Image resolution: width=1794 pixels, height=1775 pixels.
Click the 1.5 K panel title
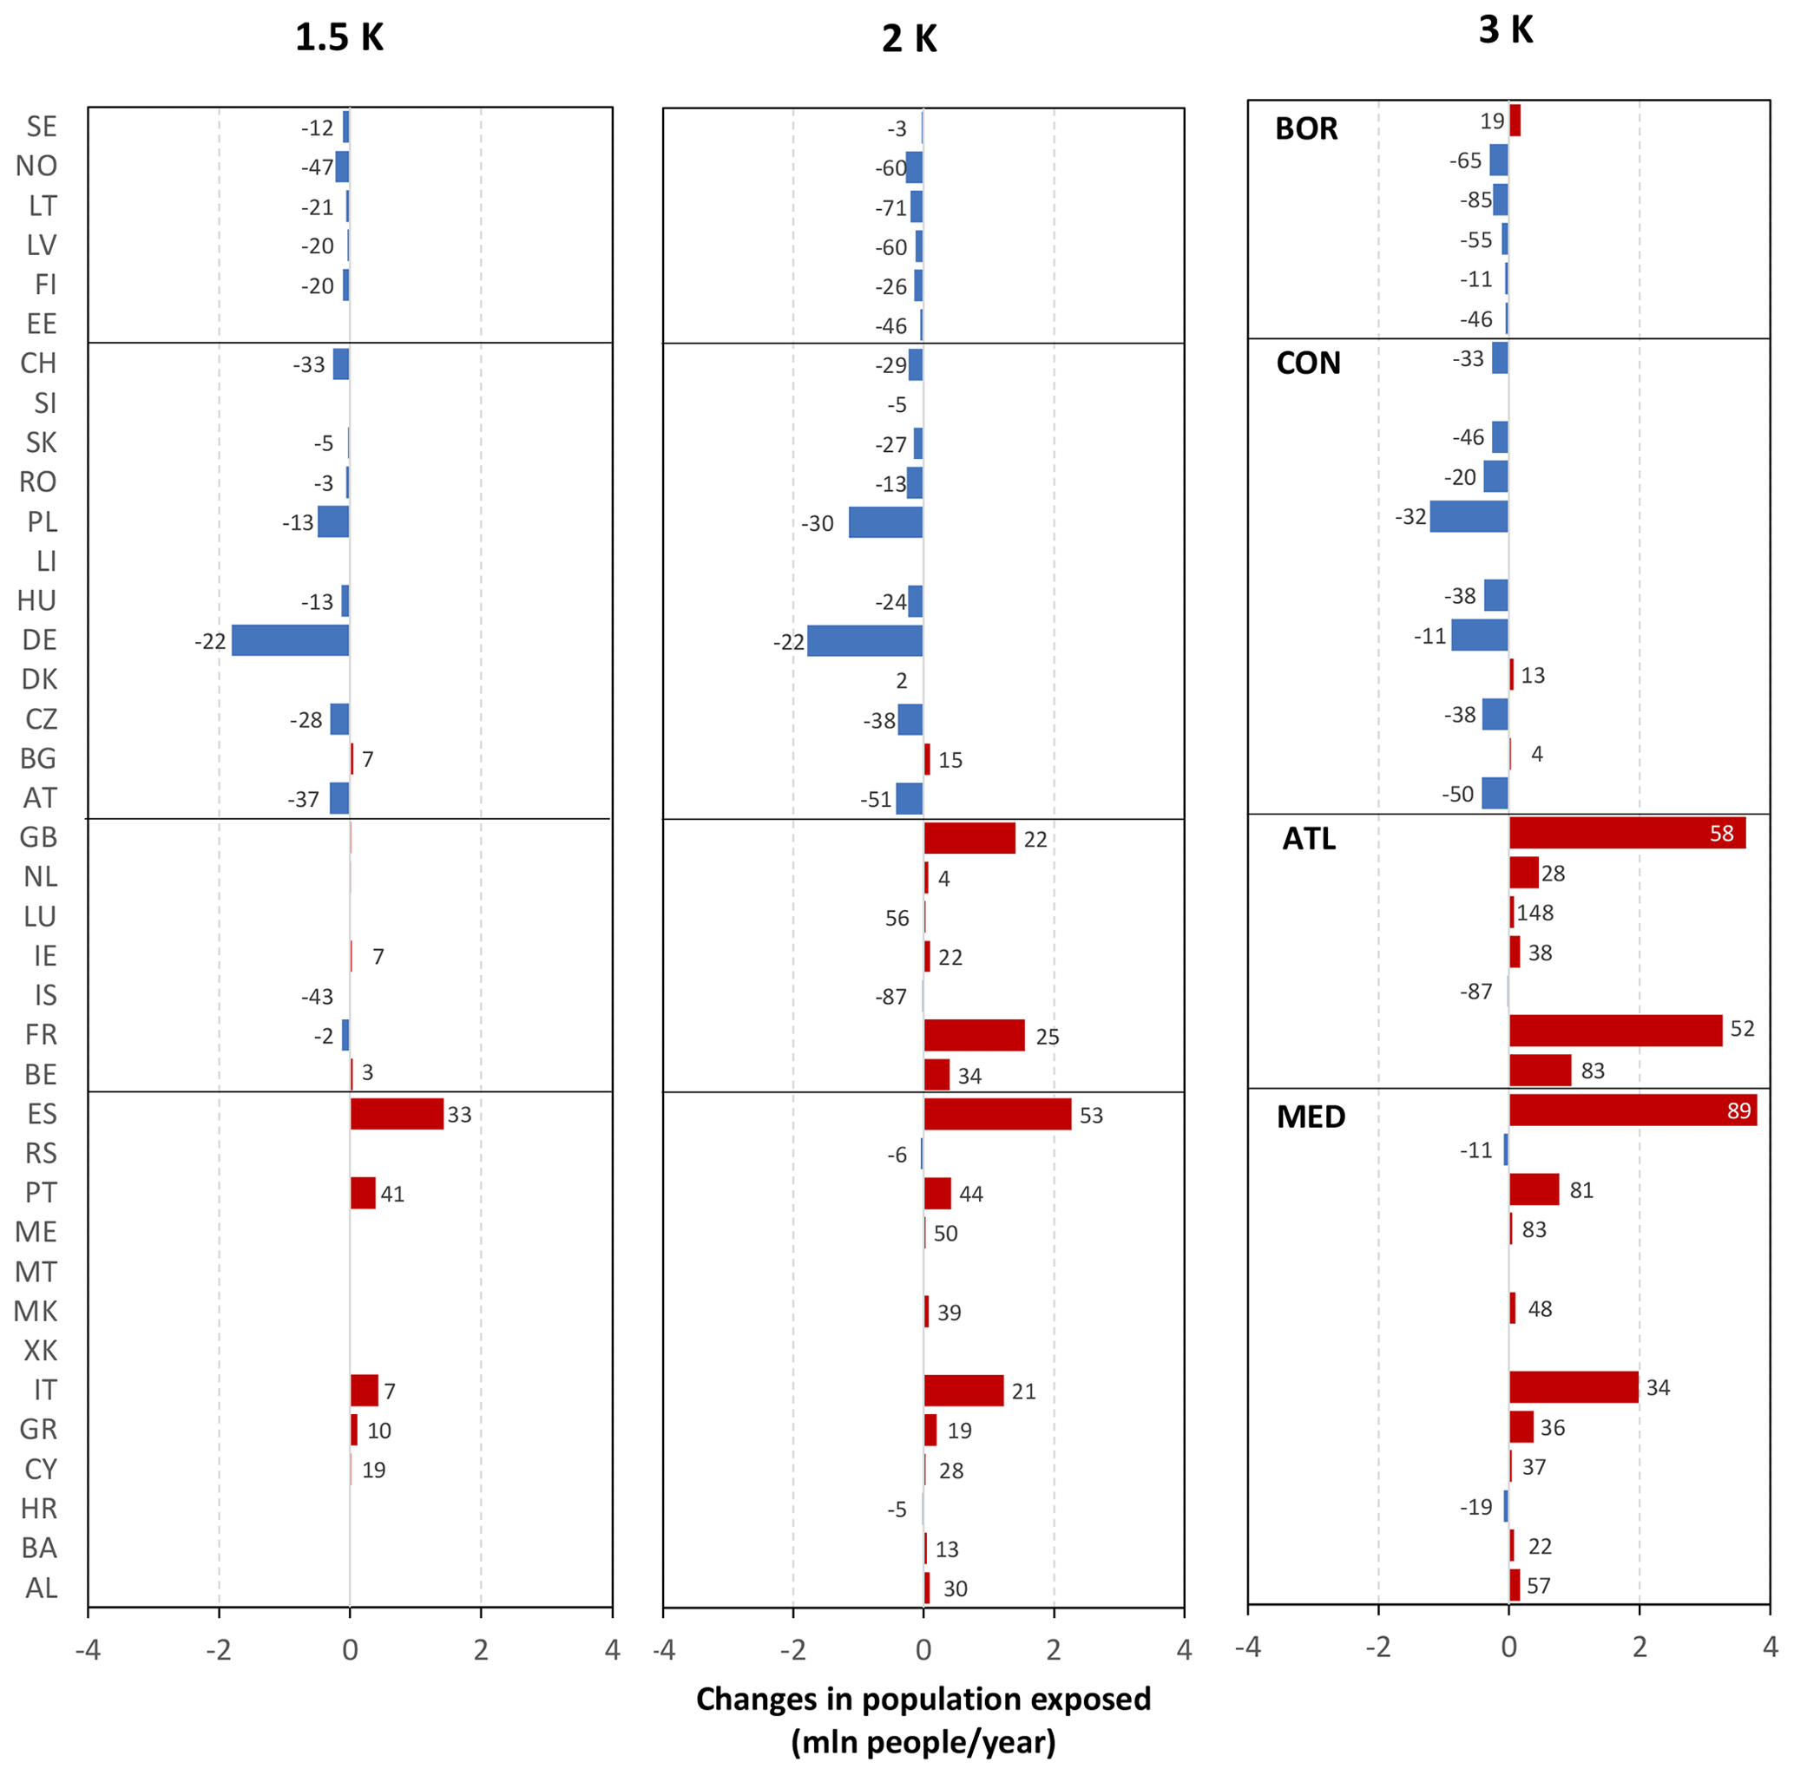pyautogui.click(x=339, y=37)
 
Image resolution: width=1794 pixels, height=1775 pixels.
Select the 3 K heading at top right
pyautogui.click(x=1505, y=29)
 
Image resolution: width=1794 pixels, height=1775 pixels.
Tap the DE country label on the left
pyautogui.click(x=39, y=639)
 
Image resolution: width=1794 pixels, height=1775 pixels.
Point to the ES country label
pyautogui.click(x=41, y=1113)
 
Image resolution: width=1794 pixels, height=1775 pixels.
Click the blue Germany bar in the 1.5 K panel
pyautogui.click(x=290, y=639)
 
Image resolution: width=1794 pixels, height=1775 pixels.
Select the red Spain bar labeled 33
pyautogui.click(x=397, y=1113)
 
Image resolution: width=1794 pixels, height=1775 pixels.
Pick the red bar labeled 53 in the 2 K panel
pyautogui.click(x=997, y=1114)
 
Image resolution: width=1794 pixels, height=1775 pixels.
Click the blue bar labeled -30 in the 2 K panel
pyautogui.click(x=885, y=521)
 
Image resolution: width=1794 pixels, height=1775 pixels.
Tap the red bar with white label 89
pyautogui.click(x=1633, y=1110)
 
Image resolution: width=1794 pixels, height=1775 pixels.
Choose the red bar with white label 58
pyautogui.click(x=1626, y=833)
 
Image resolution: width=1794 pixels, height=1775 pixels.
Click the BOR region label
pyautogui.click(x=1305, y=128)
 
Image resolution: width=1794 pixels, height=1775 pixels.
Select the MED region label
pyautogui.click(x=1311, y=1116)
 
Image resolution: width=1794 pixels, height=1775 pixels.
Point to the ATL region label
pyautogui.click(x=1308, y=838)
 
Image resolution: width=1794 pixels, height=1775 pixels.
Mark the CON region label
pyautogui.click(x=1307, y=362)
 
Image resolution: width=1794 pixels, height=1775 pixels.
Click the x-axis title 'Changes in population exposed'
pyautogui.click(x=923, y=1698)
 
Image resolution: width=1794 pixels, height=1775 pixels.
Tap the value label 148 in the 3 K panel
pyautogui.click(x=1535, y=913)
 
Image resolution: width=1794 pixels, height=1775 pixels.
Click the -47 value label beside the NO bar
pyautogui.click(x=317, y=167)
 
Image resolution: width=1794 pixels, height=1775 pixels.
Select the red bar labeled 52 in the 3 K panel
pyautogui.click(x=1615, y=1031)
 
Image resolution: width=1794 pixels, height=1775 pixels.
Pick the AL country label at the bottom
pyautogui.click(x=41, y=1588)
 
